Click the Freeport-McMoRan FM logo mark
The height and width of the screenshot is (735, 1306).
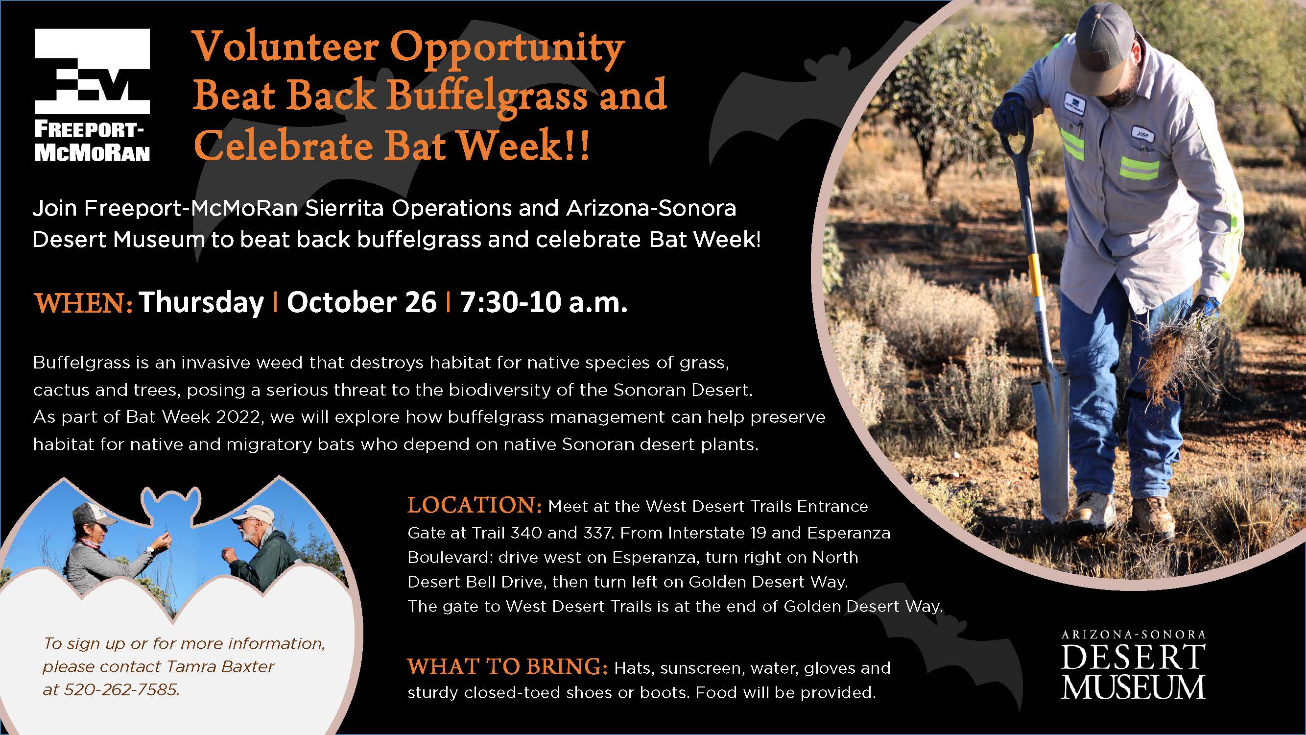[92, 71]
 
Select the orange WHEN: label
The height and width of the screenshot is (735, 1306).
[83, 303]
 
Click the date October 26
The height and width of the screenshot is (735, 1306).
[361, 302]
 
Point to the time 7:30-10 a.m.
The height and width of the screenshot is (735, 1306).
[544, 302]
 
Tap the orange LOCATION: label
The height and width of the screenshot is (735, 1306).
[475, 505]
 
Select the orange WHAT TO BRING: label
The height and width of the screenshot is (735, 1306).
[507, 666]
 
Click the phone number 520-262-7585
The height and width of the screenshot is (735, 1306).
[121, 690]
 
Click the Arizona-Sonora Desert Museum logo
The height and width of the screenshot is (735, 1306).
[1133, 664]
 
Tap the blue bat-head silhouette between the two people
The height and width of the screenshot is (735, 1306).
[170, 507]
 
